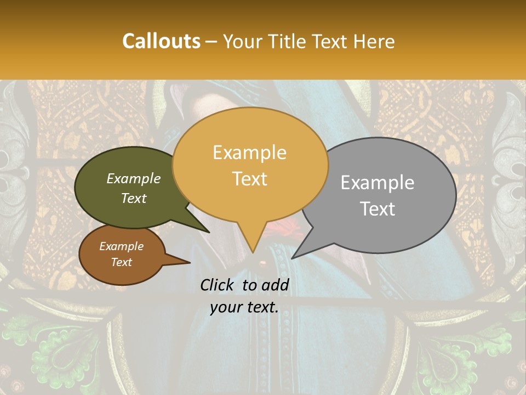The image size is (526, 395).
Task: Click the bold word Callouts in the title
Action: tap(161, 41)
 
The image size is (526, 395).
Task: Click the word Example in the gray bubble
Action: tap(378, 183)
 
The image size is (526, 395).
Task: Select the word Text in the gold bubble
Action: tap(250, 179)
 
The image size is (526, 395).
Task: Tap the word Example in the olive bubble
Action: tap(134, 178)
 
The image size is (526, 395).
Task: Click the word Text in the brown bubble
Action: tap(122, 262)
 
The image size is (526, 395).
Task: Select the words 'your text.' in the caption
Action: tap(244, 307)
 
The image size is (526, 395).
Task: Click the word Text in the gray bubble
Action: tap(378, 209)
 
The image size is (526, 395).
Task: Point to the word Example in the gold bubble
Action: tap(250, 153)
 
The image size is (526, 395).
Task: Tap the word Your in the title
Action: tap(242, 41)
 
